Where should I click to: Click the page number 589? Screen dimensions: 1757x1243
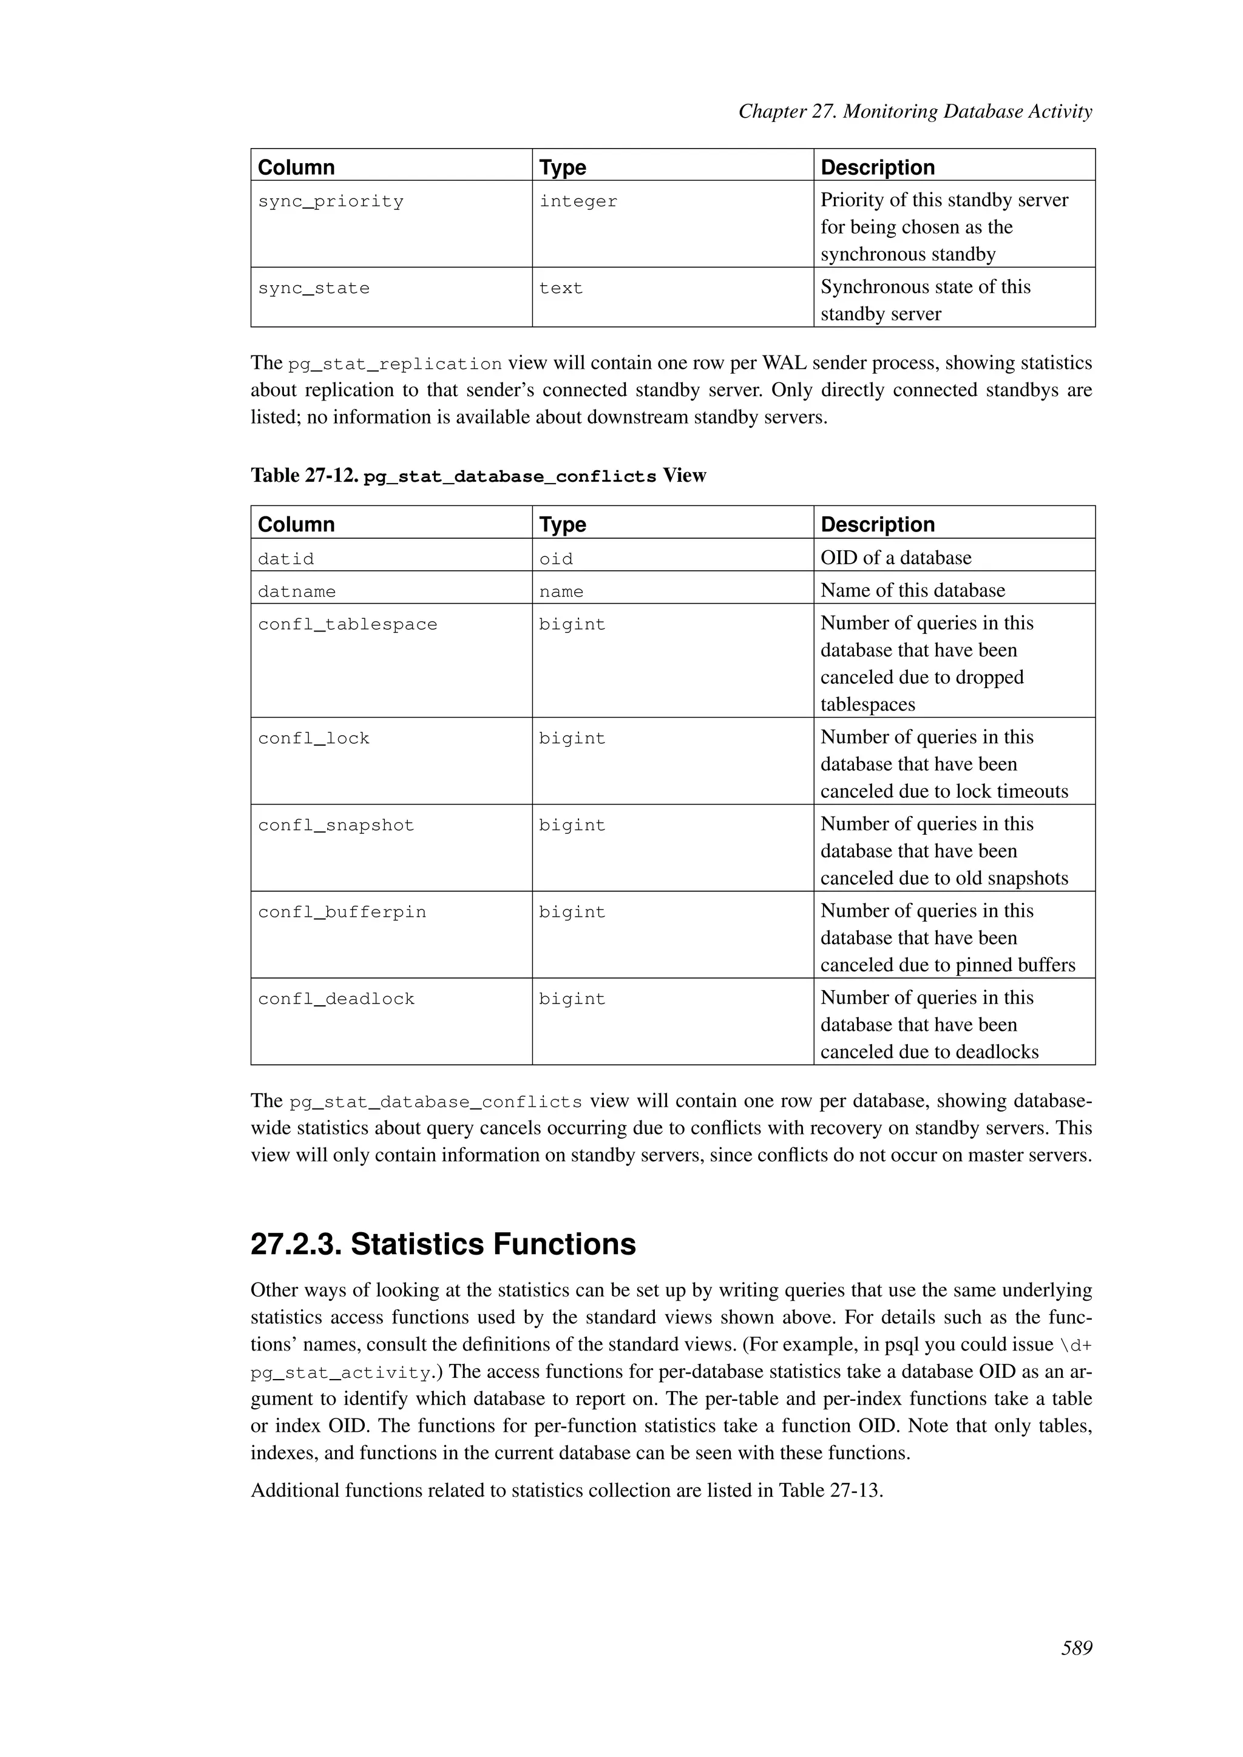tap(1076, 1648)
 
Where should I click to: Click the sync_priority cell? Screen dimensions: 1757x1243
tap(331, 201)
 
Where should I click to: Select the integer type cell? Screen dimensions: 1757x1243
tap(578, 201)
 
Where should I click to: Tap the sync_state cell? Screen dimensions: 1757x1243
tap(314, 289)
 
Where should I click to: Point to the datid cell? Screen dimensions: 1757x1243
tap(286, 559)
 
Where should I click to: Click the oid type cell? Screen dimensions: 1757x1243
tap(556, 559)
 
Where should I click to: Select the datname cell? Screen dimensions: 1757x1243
tap(297, 592)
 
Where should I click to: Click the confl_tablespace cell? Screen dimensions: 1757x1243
tap(348, 624)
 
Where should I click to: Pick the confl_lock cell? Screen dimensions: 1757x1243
tap(314, 738)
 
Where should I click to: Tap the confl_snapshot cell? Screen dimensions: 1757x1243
tap(336, 825)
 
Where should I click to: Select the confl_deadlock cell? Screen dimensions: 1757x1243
tap(336, 999)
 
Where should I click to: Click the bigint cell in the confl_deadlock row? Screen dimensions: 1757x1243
tap(572, 999)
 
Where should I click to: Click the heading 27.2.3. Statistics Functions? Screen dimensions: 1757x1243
tap(443, 1244)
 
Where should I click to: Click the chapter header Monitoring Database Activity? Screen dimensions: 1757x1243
tap(967, 112)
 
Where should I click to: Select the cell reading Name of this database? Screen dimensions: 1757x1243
tap(912, 590)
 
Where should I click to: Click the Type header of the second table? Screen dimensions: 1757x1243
tap(563, 524)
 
